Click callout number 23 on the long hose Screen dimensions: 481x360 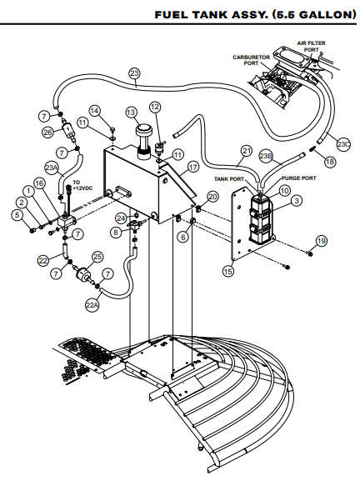[135, 73]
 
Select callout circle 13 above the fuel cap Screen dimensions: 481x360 [131, 113]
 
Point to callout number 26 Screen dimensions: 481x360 [47, 132]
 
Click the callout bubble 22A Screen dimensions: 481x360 [92, 305]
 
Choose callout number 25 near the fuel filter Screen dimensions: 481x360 [97, 257]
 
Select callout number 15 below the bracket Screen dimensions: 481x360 [229, 271]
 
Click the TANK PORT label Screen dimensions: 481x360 [228, 178]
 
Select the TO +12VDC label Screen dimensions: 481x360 [82, 186]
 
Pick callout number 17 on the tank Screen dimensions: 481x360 [193, 167]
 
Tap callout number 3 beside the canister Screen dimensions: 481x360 [296, 201]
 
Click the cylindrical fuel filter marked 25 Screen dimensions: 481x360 [82, 276]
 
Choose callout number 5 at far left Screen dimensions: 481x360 [17, 214]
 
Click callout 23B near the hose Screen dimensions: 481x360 [266, 156]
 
